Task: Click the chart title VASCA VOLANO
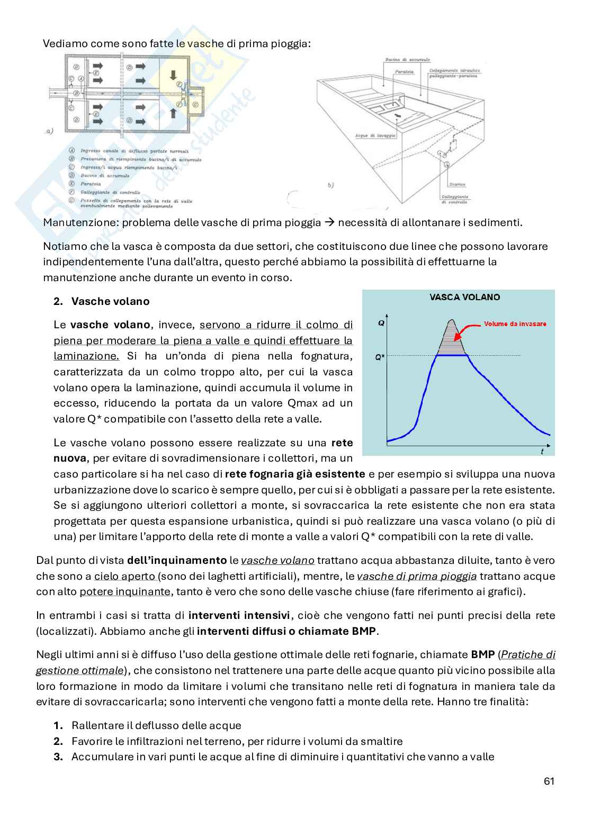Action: [x=464, y=298]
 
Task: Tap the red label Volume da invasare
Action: [x=515, y=324]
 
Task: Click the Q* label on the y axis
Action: [x=380, y=357]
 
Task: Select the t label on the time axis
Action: [x=542, y=452]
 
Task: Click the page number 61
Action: [x=549, y=781]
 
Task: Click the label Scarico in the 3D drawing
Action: [x=457, y=184]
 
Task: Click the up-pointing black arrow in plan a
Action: [x=172, y=112]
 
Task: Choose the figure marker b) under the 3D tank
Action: [x=330, y=185]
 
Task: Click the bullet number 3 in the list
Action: [x=58, y=757]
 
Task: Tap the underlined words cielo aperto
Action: [x=124, y=576]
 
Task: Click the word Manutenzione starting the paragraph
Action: [x=80, y=222]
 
